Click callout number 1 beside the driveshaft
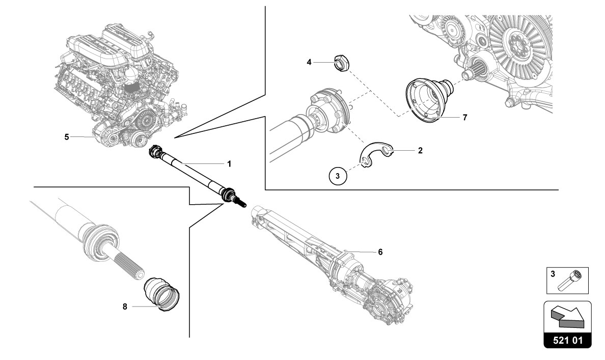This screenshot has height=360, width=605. pos(229,164)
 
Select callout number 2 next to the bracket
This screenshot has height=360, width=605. pos(420,151)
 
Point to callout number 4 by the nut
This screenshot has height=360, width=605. pos(309,62)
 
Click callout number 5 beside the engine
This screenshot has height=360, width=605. pos(67,136)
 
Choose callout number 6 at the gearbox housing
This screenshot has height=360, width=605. pos(380,252)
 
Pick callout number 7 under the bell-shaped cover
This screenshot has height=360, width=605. pos(464,117)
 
